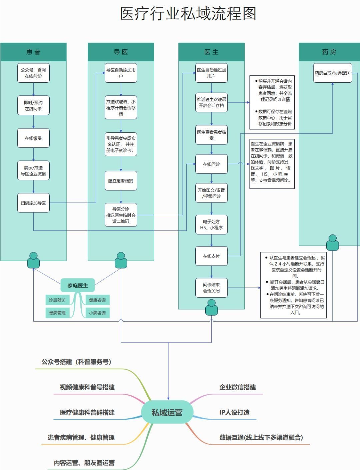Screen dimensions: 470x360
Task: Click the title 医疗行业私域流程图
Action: (x=188, y=14)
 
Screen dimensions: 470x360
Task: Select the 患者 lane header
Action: (x=33, y=52)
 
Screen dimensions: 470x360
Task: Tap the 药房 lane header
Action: (x=329, y=52)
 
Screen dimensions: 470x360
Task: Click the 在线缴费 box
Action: (x=33, y=138)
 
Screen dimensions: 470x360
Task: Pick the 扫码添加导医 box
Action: (x=33, y=203)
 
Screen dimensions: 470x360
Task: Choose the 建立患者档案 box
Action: (x=121, y=181)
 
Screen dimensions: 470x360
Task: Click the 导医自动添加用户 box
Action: (x=121, y=73)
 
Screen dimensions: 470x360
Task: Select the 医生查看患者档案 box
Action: (x=211, y=135)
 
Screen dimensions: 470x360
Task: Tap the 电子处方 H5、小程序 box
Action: (x=211, y=224)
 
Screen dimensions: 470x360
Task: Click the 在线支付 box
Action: (x=211, y=256)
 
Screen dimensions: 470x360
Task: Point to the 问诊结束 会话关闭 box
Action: (x=211, y=288)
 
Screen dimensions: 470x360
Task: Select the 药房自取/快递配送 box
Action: (x=332, y=73)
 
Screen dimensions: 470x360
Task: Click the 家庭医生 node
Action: (x=78, y=286)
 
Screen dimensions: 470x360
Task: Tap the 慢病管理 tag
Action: (x=57, y=313)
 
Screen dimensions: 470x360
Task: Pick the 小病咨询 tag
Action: (x=97, y=313)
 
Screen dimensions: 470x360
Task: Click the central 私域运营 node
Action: (x=167, y=413)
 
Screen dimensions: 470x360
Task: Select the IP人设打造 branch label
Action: (x=234, y=413)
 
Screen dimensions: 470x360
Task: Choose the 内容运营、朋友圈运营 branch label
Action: (x=84, y=463)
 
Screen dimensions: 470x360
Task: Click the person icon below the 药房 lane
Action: (x=332, y=243)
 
